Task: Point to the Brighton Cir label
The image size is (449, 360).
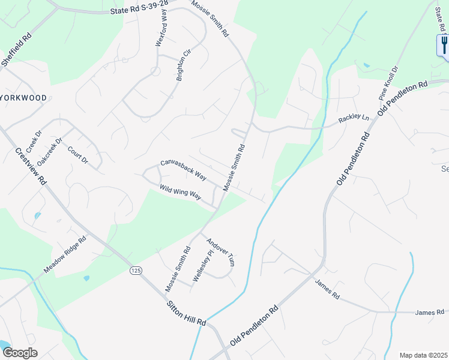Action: point(183,65)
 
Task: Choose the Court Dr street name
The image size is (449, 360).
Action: point(77,155)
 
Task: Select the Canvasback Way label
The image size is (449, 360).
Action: point(183,170)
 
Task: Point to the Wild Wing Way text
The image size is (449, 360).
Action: point(180,193)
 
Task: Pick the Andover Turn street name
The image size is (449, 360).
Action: point(220,253)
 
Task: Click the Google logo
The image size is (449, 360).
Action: point(20,352)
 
